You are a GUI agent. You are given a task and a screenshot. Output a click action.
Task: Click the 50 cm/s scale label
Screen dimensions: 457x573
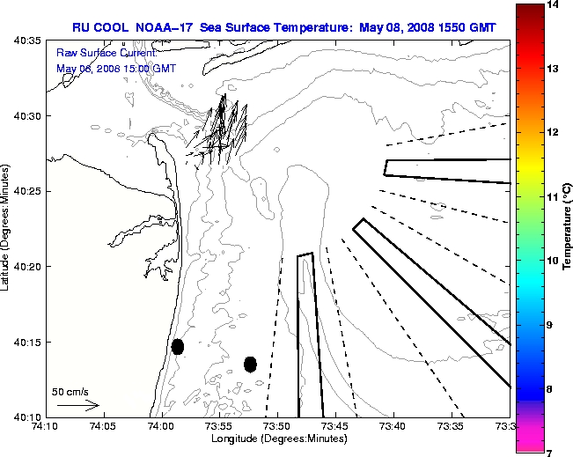(x=70, y=391)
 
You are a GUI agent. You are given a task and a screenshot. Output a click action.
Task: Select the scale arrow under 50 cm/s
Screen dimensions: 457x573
(x=77, y=405)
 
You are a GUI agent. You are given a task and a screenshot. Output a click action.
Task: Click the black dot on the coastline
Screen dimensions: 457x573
(x=178, y=346)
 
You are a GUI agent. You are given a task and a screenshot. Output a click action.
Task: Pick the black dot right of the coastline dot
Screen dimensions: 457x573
(x=250, y=364)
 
